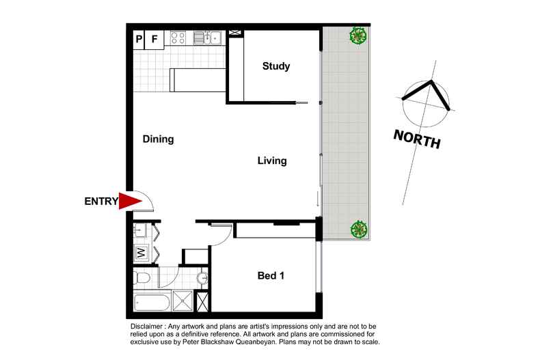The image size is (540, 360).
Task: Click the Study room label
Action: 277,67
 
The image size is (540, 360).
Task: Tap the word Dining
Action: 159,139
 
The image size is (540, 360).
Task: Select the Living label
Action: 271,161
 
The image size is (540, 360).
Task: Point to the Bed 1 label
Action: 270,276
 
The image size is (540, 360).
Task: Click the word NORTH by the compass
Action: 416,139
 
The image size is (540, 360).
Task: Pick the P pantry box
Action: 139,39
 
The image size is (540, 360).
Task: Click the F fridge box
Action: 154,39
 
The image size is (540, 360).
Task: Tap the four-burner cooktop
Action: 179,38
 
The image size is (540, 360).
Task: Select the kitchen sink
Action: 211,38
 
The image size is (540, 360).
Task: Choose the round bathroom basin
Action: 202,279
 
